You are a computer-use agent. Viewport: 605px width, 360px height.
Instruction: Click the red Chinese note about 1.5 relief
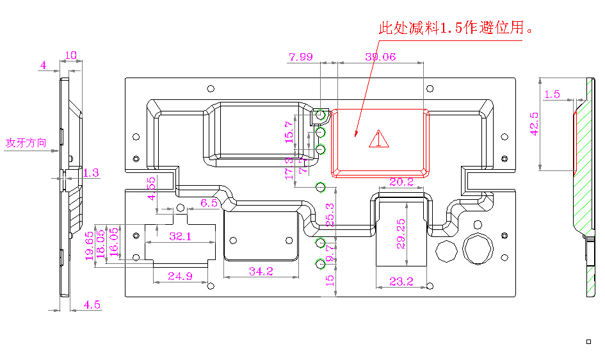tap(456, 28)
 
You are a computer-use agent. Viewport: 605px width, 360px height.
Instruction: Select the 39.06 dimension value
tap(380, 57)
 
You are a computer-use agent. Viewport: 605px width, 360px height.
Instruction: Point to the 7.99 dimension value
tap(301, 57)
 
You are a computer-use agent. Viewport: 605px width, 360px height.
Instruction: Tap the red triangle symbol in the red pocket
tap(378, 139)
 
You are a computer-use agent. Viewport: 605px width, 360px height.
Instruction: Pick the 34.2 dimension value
tap(261, 272)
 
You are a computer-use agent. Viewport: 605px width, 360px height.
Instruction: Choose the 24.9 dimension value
tap(181, 276)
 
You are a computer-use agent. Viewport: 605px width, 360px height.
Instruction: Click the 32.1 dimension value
tap(181, 236)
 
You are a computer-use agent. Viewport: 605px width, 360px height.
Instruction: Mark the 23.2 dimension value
tap(401, 281)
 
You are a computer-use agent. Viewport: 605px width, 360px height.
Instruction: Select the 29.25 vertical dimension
tap(401, 233)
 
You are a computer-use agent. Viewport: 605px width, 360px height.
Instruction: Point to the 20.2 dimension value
tap(401, 182)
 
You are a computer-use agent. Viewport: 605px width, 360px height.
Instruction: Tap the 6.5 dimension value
tap(209, 202)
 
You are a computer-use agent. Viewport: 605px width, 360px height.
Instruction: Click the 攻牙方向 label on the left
tap(26, 142)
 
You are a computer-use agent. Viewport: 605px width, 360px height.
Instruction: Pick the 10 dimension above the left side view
tap(71, 56)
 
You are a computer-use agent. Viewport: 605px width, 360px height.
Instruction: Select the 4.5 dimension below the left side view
tap(92, 305)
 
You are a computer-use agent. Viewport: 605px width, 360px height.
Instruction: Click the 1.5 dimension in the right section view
tap(551, 95)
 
